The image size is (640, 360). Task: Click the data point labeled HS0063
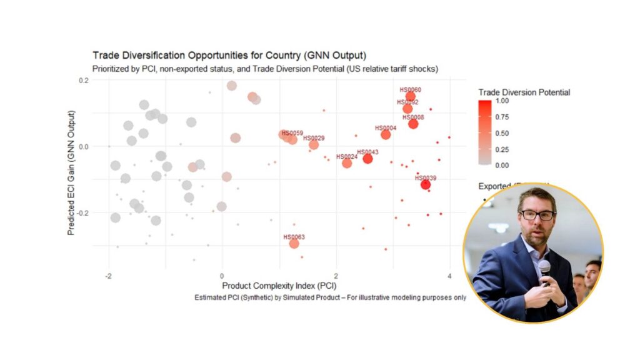coord(294,244)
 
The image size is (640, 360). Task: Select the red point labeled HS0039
coord(426,185)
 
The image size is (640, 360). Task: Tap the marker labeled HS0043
coord(367,159)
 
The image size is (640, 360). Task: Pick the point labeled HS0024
coord(347,163)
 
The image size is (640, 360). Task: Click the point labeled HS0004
coord(386,134)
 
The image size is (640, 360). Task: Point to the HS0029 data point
coord(314,144)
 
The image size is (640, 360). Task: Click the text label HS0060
coord(410,90)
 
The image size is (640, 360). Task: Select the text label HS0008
coord(413,117)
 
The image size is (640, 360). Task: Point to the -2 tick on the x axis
coord(108,276)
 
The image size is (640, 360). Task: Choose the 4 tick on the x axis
coord(449,276)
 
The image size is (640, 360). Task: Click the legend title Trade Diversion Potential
coord(524,92)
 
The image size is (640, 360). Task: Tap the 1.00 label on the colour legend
coord(502,100)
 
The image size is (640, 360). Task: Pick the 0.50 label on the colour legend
coord(502,132)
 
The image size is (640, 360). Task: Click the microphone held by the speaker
coord(544,270)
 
